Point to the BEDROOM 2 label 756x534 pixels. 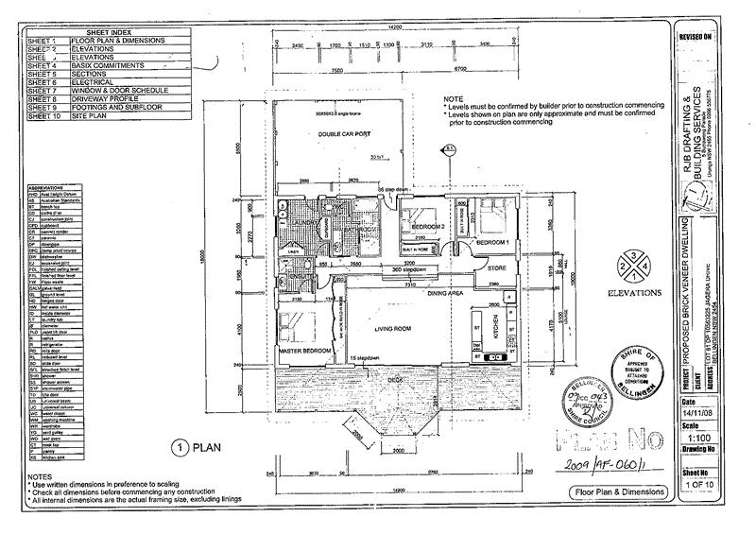pyautogui.click(x=427, y=228)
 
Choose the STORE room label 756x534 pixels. pyautogui.click(x=497, y=268)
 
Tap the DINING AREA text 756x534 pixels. pyautogui.click(x=444, y=294)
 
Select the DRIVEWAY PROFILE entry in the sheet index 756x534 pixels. pyautogui.click(x=98, y=98)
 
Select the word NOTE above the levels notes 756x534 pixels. pyautogui.click(x=455, y=99)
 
